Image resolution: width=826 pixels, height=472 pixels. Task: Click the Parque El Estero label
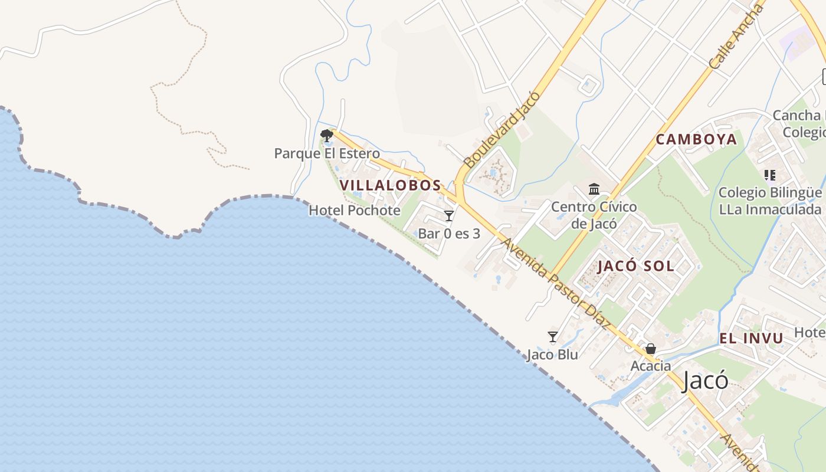(x=327, y=153)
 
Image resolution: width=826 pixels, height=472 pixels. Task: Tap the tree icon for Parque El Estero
(x=326, y=136)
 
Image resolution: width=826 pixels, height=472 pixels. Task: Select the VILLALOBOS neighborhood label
(x=391, y=185)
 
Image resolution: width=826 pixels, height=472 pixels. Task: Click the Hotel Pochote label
(x=355, y=210)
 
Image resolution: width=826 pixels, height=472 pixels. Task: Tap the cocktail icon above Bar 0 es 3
(x=449, y=216)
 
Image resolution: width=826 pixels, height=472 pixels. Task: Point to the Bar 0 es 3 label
(x=449, y=234)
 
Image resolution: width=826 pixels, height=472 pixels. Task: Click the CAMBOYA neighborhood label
(x=697, y=139)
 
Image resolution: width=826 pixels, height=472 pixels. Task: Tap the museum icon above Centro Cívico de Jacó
(x=594, y=189)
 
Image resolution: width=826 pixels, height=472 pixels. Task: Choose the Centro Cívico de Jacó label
(x=594, y=215)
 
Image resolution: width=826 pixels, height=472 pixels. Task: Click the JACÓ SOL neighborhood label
(x=636, y=265)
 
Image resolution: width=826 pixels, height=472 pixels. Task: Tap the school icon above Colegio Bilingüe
(x=769, y=175)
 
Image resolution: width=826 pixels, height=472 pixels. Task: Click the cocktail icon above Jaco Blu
(x=553, y=337)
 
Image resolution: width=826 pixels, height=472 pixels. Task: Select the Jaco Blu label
(x=552, y=355)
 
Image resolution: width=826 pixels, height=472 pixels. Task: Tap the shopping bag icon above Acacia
(x=651, y=349)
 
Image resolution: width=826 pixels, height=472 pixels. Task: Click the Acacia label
(x=651, y=366)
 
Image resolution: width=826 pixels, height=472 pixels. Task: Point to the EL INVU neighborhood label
(x=751, y=339)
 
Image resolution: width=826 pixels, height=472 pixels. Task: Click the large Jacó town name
(x=705, y=381)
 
